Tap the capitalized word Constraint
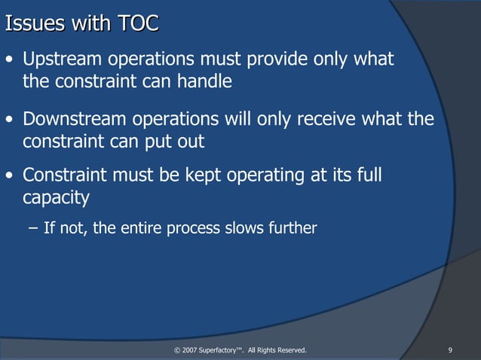(x=63, y=175)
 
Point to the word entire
(x=149, y=227)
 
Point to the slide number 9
(x=449, y=350)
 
